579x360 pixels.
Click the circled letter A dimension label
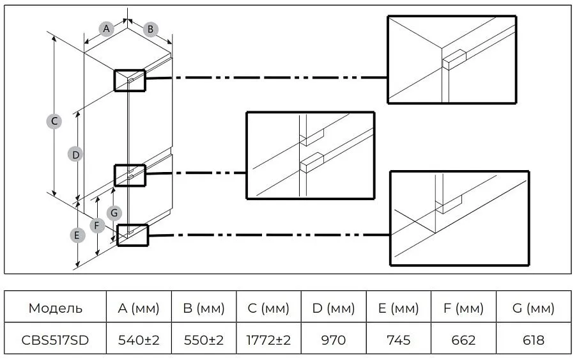pyautogui.click(x=106, y=29)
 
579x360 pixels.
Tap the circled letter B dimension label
pyautogui.click(x=150, y=29)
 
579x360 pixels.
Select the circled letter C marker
pyautogui.click(x=54, y=121)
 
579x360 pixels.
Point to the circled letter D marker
pyautogui.click(x=75, y=155)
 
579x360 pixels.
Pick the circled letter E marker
pyautogui.click(x=77, y=235)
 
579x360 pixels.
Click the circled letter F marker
pyautogui.click(x=97, y=225)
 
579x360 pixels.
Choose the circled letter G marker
pyautogui.click(x=114, y=213)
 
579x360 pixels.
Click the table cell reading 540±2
pyautogui.click(x=139, y=340)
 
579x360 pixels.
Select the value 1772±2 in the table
pyautogui.click(x=268, y=340)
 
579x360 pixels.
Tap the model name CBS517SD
pyautogui.click(x=55, y=340)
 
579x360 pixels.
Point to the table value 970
pyautogui.click(x=334, y=340)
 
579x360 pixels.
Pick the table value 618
pyautogui.click(x=533, y=340)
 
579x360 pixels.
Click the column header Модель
pyautogui.click(x=56, y=308)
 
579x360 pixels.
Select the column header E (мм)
pyautogui.click(x=398, y=308)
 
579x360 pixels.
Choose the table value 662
pyautogui.click(x=463, y=340)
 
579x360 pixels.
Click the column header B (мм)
pyautogui.click(x=204, y=308)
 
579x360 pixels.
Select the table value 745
pyautogui.click(x=398, y=340)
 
